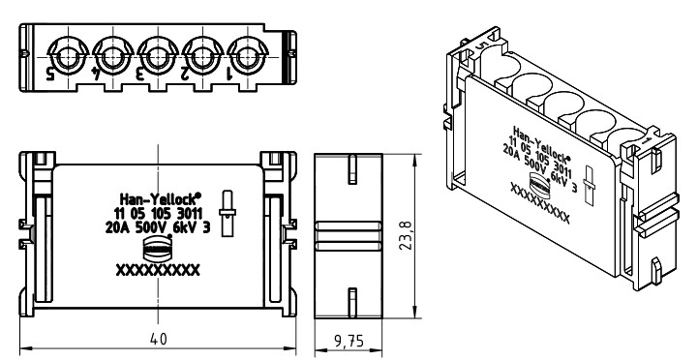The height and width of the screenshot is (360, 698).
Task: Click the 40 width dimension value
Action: tap(158, 339)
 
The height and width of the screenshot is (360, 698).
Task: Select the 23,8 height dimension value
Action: tap(406, 235)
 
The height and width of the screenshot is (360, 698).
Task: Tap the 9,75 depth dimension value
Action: tap(349, 342)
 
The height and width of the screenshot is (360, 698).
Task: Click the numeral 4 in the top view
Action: tap(96, 74)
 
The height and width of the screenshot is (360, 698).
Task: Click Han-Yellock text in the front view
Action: tap(161, 198)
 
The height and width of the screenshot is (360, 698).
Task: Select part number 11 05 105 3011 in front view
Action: tap(158, 213)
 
